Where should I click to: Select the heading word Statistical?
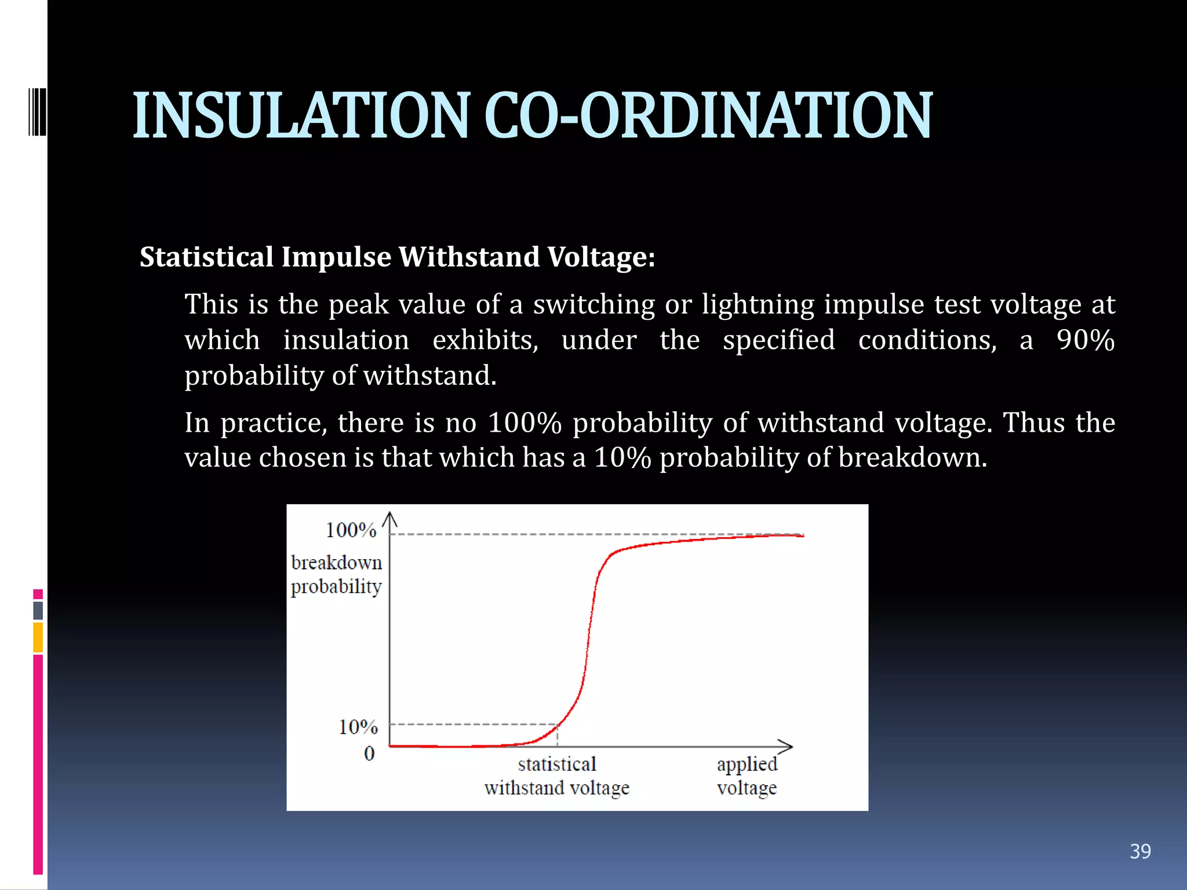coord(206,257)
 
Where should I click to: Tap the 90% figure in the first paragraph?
coord(1085,340)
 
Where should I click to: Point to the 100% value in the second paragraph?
coord(525,422)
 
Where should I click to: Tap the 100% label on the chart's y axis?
coord(351,530)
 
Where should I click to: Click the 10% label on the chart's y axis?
coord(358,727)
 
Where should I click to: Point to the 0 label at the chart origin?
coord(369,753)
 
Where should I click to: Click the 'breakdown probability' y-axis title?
coord(336,574)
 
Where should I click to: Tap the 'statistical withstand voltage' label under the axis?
coord(556,776)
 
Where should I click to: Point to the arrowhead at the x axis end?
coord(786,746)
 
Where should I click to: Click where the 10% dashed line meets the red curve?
coord(558,724)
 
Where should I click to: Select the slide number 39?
coord(1140,851)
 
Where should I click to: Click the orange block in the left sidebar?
coord(38,637)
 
